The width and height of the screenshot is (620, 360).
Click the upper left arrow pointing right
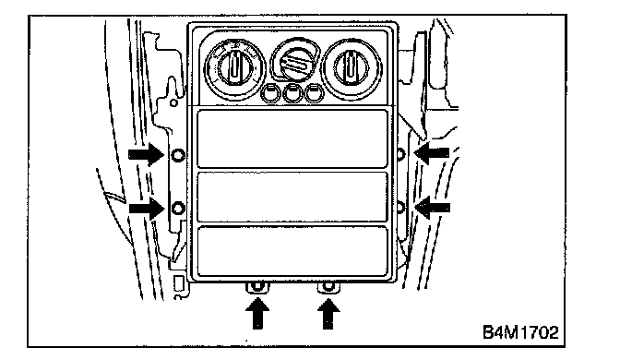(x=147, y=154)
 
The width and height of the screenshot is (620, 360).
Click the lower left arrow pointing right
(x=147, y=208)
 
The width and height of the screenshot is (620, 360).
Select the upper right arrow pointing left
(x=432, y=152)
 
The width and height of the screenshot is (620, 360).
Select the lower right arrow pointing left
(x=432, y=208)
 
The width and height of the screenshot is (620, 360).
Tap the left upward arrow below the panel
(x=257, y=313)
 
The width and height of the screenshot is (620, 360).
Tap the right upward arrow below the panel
(x=328, y=313)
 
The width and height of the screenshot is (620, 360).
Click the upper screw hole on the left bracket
(x=179, y=154)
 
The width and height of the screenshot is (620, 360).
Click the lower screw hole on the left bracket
(x=179, y=208)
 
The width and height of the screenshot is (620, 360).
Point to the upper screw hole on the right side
(x=400, y=153)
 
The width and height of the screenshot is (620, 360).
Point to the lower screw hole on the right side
(x=400, y=207)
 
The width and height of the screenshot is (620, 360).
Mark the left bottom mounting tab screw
(x=257, y=286)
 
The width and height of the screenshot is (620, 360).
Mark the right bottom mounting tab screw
(x=328, y=285)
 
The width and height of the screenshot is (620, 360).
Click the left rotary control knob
(x=234, y=68)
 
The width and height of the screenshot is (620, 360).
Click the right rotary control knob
(x=352, y=68)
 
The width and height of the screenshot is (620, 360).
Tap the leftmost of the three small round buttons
(x=270, y=93)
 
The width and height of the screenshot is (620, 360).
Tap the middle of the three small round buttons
(x=292, y=93)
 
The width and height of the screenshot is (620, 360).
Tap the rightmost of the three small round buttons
(x=315, y=93)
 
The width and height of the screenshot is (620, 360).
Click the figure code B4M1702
(x=520, y=332)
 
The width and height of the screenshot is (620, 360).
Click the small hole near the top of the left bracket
(x=174, y=103)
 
